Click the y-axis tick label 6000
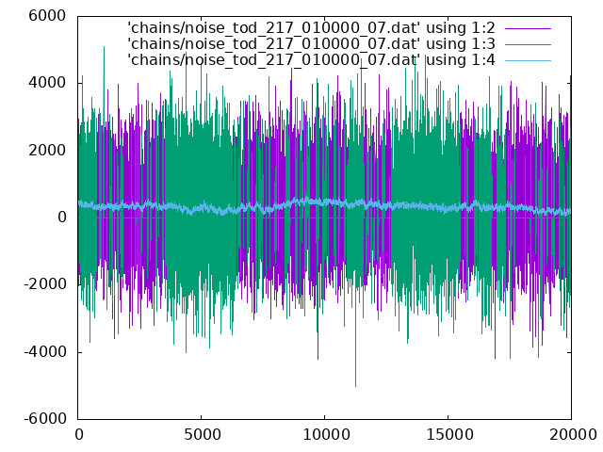[47, 16]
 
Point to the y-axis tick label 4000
[47, 83]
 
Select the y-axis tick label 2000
[47, 151]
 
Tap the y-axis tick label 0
[62, 218]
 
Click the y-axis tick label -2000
[44, 284]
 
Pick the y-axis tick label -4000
[44, 352]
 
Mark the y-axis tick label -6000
[44, 419]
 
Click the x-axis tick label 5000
[202, 435]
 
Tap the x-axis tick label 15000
[449, 435]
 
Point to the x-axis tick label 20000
[573, 435]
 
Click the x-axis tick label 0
[79, 435]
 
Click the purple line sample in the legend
[528, 28]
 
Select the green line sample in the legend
[528, 44]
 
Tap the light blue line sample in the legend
[528, 60]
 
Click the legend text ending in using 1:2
[311, 28]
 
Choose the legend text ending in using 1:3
[311, 44]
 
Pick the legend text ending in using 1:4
[311, 60]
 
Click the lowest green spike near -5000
[355, 385]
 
